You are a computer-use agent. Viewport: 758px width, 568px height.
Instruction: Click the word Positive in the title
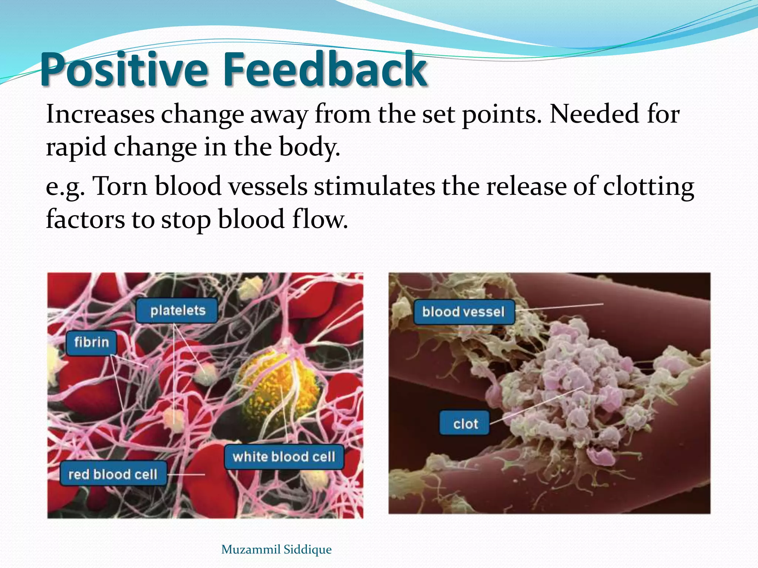(x=124, y=70)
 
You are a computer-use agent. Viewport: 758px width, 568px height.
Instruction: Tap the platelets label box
(x=177, y=311)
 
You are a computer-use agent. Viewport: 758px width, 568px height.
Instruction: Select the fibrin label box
(x=91, y=342)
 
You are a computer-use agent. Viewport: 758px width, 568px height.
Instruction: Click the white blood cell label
(x=284, y=457)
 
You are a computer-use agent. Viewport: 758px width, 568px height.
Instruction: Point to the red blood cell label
(x=113, y=474)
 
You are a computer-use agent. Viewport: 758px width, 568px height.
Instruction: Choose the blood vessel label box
(x=463, y=312)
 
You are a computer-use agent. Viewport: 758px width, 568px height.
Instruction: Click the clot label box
(x=465, y=424)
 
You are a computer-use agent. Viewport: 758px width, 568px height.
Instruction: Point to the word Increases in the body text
(x=100, y=115)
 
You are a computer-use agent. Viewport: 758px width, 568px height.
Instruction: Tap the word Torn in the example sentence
(x=120, y=186)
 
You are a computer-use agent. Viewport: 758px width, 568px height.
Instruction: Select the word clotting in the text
(x=648, y=186)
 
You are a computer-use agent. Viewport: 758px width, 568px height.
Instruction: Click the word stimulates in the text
(x=374, y=186)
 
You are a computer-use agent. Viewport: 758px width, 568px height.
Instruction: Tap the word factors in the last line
(x=85, y=219)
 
